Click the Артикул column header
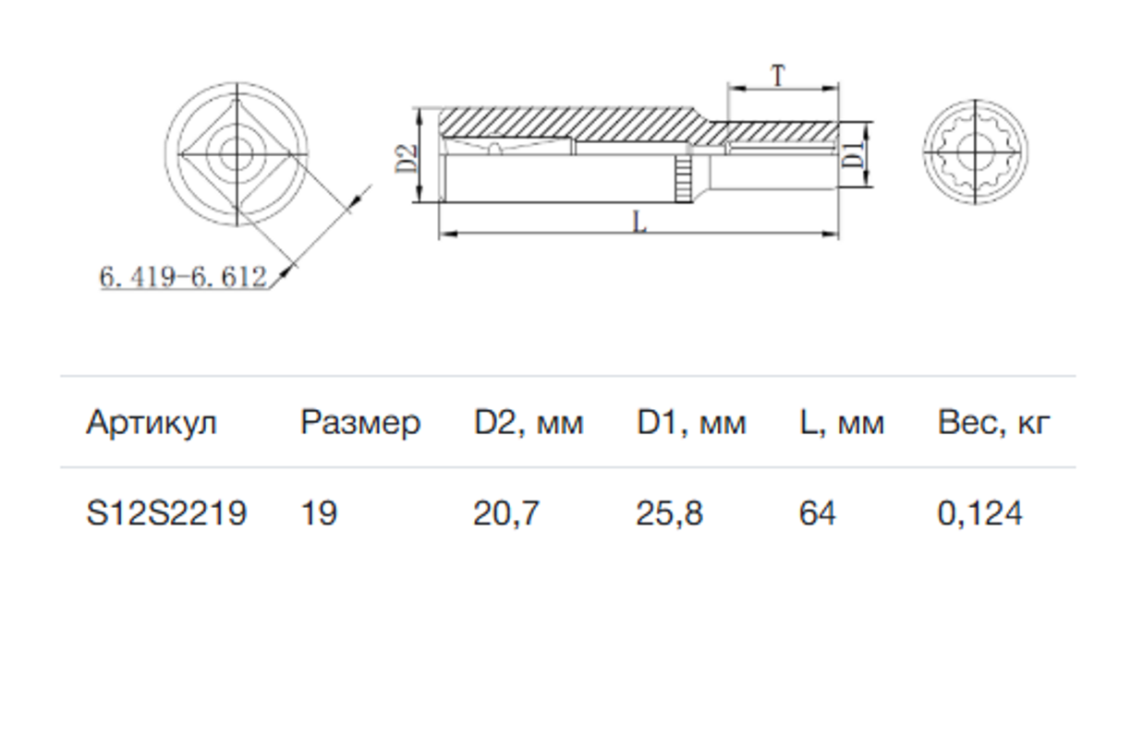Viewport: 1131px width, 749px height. [152, 423]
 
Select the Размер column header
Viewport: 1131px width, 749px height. [360, 423]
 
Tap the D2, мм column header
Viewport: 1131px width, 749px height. [529, 423]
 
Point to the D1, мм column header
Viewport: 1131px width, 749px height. [691, 423]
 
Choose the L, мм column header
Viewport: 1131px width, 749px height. [842, 423]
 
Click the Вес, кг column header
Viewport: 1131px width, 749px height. [993, 423]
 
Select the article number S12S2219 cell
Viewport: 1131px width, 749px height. [166, 513]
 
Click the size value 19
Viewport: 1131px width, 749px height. [319, 513]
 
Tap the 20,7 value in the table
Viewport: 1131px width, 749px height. [506, 513]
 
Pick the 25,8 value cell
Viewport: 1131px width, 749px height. [670, 513]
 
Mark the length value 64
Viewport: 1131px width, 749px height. [818, 513]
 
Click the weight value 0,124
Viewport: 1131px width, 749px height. [980, 513]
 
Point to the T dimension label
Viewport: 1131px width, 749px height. [779, 77]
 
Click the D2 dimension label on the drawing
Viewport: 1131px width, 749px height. [407, 159]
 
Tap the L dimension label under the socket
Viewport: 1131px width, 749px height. [639, 222]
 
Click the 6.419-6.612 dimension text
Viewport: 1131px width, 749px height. [183, 277]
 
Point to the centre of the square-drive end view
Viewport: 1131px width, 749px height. [237, 154]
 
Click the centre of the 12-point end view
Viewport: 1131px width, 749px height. [976, 151]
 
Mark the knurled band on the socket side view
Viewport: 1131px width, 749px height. [684, 178]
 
